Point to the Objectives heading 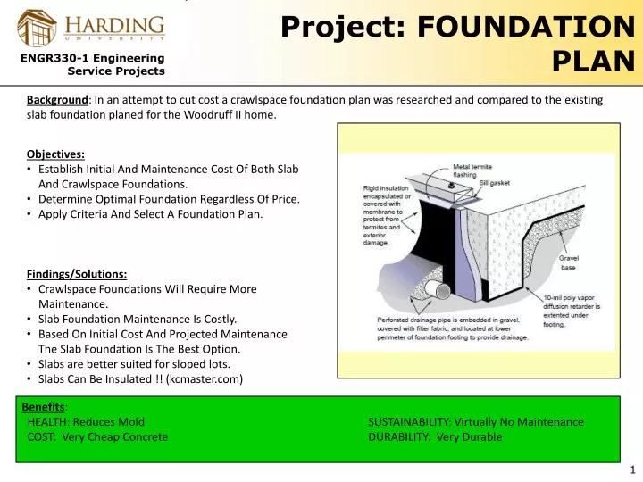[x=55, y=153]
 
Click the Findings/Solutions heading [x=77, y=274]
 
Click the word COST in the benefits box [x=41, y=436]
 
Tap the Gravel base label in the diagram [x=568, y=262]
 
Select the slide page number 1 [x=631, y=470]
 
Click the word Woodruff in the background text [x=196, y=115]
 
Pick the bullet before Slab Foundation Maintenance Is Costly [x=31, y=319]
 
